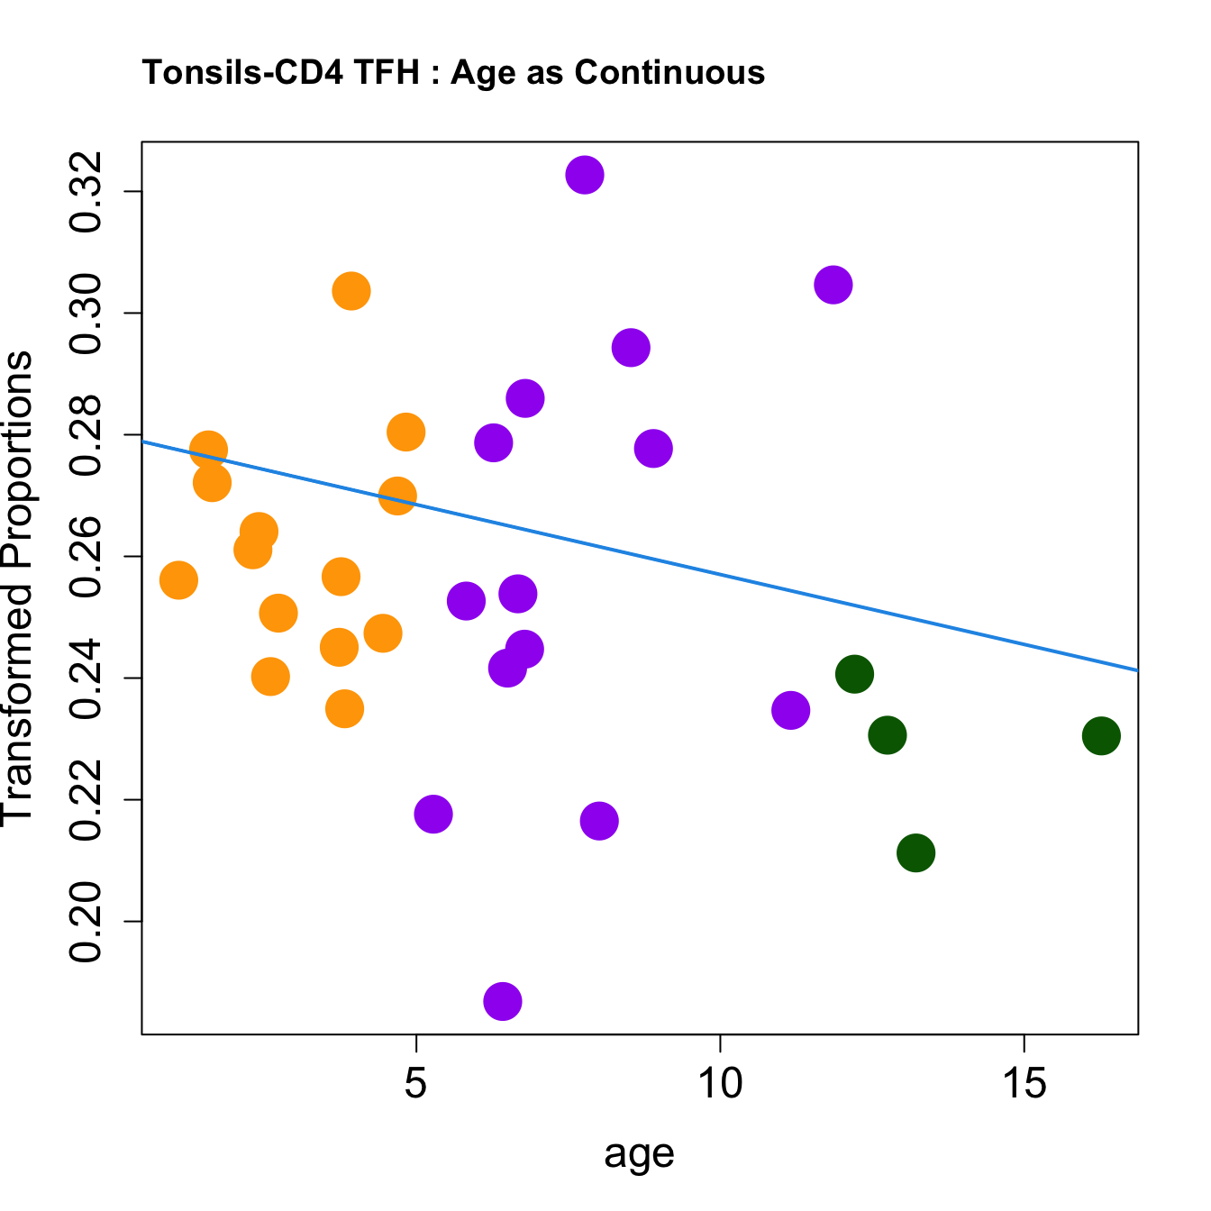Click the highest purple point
[585, 175]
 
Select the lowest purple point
[503, 1001]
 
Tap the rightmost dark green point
[1101, 736]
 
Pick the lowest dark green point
[915, 852]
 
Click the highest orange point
[351, 291]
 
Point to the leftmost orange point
[178, 580]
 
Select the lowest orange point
[344, 709]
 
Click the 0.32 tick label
[87, 192]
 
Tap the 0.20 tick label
[87, 922]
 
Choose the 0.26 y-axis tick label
[87, 557]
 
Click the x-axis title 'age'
[639, 1154]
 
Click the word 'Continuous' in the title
[669, 72]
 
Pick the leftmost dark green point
[854, 673]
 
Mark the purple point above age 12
[833, 286]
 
